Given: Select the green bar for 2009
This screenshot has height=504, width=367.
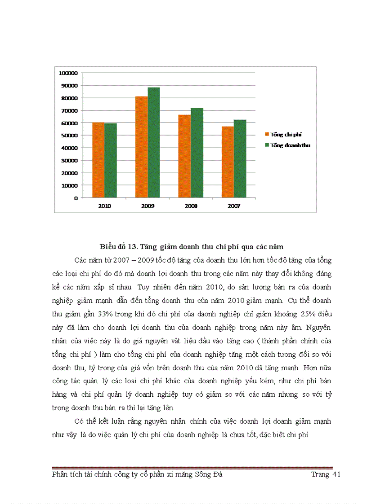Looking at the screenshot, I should click(154, 142).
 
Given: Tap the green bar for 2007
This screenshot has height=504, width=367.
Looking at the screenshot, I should click(240, 158).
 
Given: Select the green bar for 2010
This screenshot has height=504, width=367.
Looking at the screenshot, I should click(111, 160).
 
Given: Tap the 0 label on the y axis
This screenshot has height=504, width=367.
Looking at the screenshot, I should click(76, 197).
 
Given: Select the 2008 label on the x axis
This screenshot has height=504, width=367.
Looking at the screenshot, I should click(191, 206).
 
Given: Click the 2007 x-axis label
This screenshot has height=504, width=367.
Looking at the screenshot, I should click(234, 206).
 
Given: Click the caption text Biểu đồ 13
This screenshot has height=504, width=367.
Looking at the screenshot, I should click(118, 247).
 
